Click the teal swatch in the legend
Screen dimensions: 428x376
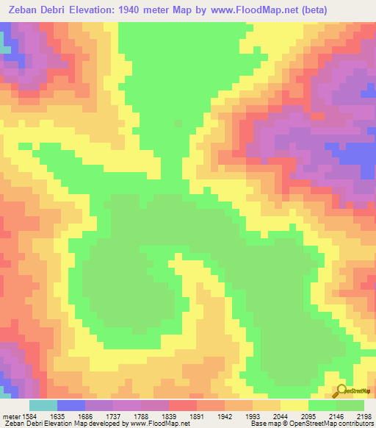(x=43, y=404)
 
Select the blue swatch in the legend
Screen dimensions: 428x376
(x=71, y=404)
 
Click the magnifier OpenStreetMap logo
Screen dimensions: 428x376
(x=342, y=390)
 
